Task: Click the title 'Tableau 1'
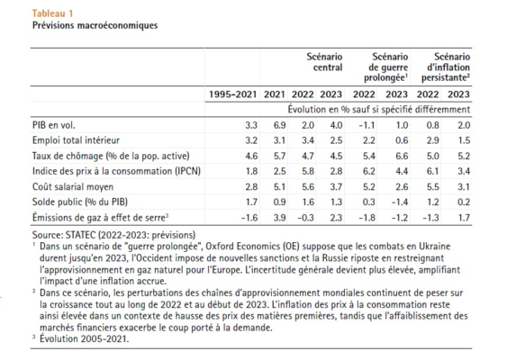pyautogui.click(x=53, y=13)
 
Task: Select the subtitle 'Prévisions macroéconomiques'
pyautogui.click(x=95, y=25)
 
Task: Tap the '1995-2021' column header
pyautogui.click(x=232, y=94)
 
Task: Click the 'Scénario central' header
pyautogui.click(x=324, y=62)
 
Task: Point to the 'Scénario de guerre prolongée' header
pyautogui.click(x=386, y=67)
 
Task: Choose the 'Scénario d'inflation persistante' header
pyautogui.click(x=446, y=67)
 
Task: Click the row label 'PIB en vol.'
pyautogui.click(x=54, y=125)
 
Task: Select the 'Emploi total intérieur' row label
pyautogui.click(x=76, y=140)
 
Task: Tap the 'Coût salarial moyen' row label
pyautogui.click(x=73, y=187)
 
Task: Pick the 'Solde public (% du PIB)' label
pyautogui.click(x=80, y=202)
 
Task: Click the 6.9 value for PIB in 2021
pyautogui.click(x=279, y=125)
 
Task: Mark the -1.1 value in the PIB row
pyautogui.click(x=367, y=125)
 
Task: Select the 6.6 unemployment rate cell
pyautogui.click(x=402, y=156)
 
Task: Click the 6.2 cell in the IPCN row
pyautogui.click(x=369, y=171)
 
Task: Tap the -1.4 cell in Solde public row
pyautogui.click(x=400, y=202)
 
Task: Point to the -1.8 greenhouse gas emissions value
pyautogui.click(x=367, y=218)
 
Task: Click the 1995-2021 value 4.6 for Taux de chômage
pyautogui.click(x=251, y=156)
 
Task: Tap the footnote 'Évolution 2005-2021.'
pyautogui.click(x=84, y=339)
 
